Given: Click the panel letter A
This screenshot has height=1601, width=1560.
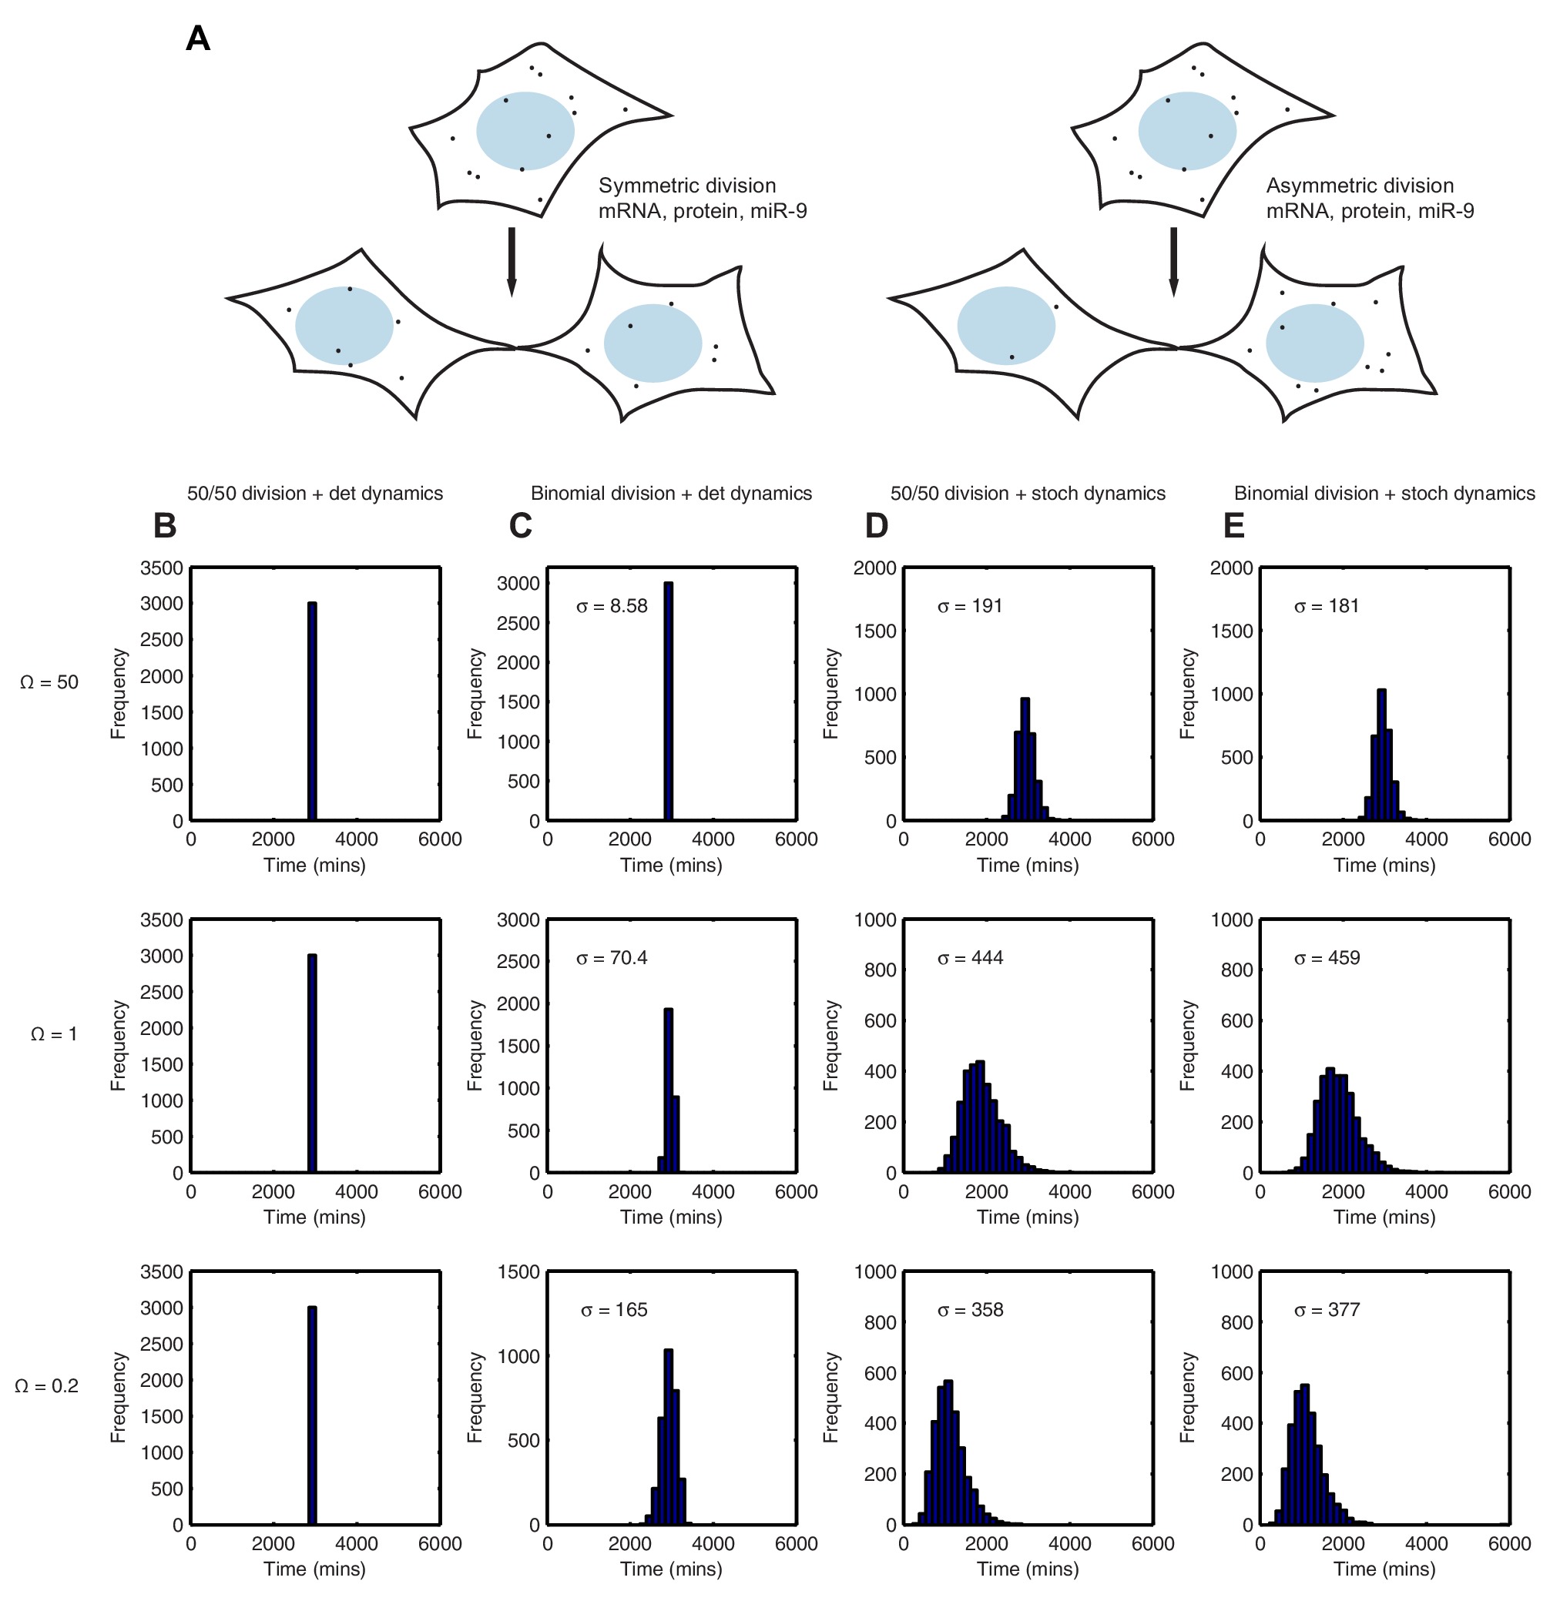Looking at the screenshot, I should coord(198,39).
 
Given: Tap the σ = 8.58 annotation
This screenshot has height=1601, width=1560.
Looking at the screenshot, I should coord(611,606).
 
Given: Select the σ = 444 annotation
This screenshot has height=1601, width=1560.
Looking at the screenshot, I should coord(970,957).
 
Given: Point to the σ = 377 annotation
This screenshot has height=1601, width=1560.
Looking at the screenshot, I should coord(1327,1309).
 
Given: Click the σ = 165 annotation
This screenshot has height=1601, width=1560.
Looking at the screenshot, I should coord(614,1309).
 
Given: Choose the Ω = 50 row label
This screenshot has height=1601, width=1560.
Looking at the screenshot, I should coord(49,682).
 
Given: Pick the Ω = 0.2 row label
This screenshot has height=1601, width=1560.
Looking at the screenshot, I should coord(47,1385).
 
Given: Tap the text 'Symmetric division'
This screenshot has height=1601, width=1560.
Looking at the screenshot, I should coord(686,186).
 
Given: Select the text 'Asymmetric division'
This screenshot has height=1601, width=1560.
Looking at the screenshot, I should coord(1359,186).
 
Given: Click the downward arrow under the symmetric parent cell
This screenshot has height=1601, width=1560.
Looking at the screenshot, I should coord(512,260).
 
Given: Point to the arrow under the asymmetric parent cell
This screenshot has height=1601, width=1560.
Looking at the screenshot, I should coord(1173,260).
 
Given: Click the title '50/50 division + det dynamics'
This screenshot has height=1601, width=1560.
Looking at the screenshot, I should coord(314,493).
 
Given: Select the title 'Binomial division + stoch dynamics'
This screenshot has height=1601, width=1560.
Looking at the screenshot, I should coord(1384,493).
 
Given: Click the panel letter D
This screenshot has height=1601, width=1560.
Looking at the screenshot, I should coord(877,526).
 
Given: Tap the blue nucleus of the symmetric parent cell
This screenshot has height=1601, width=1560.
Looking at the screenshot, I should coord(525,131).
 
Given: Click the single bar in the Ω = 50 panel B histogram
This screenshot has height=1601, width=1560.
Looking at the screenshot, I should coord(312,711).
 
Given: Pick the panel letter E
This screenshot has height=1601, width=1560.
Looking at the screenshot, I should coord(1234,526).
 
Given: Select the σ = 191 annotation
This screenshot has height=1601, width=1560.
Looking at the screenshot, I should coord(970,606).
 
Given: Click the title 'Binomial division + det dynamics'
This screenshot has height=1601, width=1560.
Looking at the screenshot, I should coord(671,493).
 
